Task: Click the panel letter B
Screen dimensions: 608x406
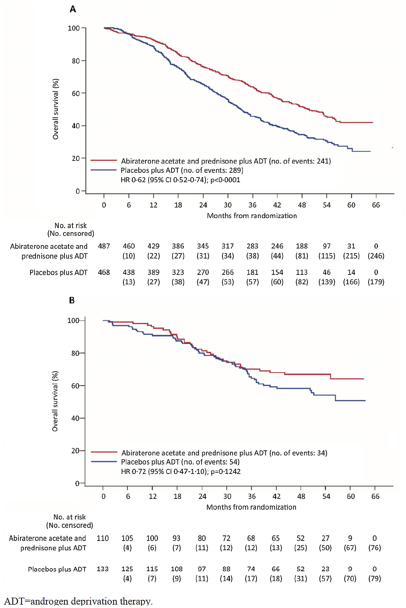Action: (72, 300)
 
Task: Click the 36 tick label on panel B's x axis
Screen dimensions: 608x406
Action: (252, 496)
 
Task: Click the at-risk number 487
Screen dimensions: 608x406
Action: (104, 246)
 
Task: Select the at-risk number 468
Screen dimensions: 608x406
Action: (104, 272)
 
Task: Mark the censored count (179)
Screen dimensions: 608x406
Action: (376, 282)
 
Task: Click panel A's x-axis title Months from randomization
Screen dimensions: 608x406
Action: (252, 216)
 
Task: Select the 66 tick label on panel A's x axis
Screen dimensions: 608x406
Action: (376, 205)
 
